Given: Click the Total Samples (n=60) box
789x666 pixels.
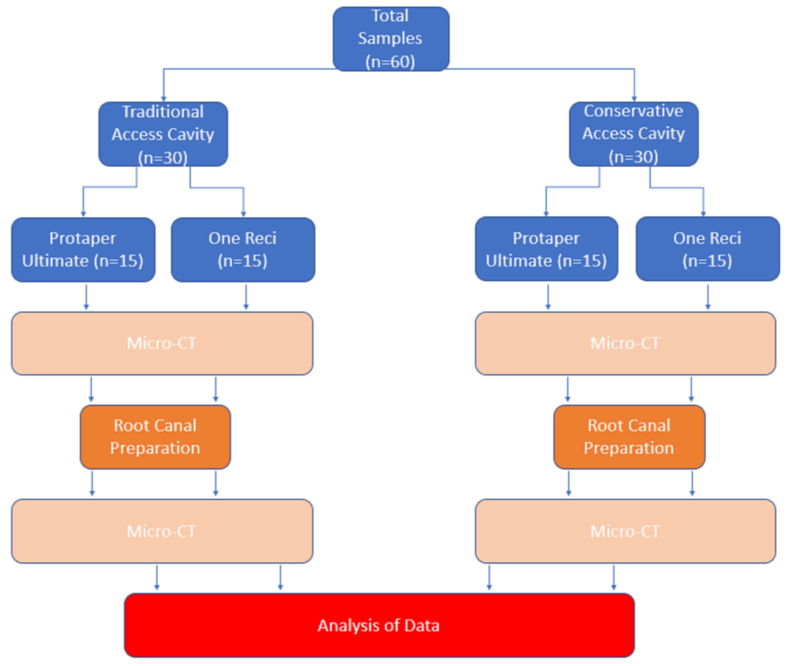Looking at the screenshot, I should click(391, 38).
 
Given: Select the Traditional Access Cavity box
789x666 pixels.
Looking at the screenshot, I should click(163, 134).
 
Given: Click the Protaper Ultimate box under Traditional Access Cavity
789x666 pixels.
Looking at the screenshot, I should click(83, 249).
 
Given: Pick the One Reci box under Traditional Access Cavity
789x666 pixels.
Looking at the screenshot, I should click(243, 249).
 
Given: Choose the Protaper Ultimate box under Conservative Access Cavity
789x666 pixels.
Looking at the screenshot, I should click(546, 249).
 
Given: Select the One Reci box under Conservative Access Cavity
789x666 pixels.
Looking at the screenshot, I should click(708, 249).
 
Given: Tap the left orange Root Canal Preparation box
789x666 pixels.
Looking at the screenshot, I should click(155, 437).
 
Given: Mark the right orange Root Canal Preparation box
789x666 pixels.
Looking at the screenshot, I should click(629, 437).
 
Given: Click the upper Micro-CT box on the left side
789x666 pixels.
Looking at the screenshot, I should click(162, 343).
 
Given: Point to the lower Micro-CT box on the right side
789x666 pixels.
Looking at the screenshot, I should click(625, 531).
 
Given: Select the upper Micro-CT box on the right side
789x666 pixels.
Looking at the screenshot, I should click(625, 343).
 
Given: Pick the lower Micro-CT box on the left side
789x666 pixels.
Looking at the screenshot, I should click(162, 531).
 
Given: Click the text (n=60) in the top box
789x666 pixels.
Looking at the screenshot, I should click(390, 61).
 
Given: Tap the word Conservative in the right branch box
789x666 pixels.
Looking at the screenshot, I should click(634, 111).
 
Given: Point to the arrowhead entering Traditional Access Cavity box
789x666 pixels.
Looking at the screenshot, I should click(163, 99).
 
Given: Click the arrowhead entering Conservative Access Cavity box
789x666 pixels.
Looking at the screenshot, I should click(634, 99).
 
